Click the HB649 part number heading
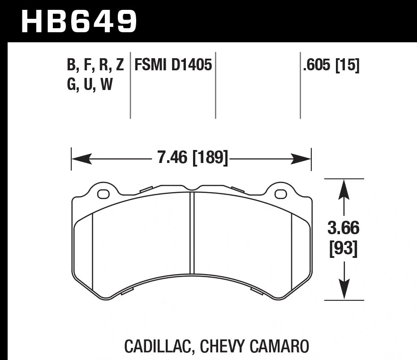pos(79,21)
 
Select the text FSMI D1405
pos(173,65)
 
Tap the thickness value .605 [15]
pos(331,65)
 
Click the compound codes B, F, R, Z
pos(95,65)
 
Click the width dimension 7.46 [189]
pos(193,158)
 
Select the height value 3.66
pos(344,228)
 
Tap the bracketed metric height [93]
pos(344,249)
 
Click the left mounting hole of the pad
pos(103,194)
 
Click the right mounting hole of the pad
pos(281,194)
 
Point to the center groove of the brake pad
pos(192,233)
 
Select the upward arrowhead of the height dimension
pos(344,188)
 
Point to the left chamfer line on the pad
pos(92,251)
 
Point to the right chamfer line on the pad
pos(292,251)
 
